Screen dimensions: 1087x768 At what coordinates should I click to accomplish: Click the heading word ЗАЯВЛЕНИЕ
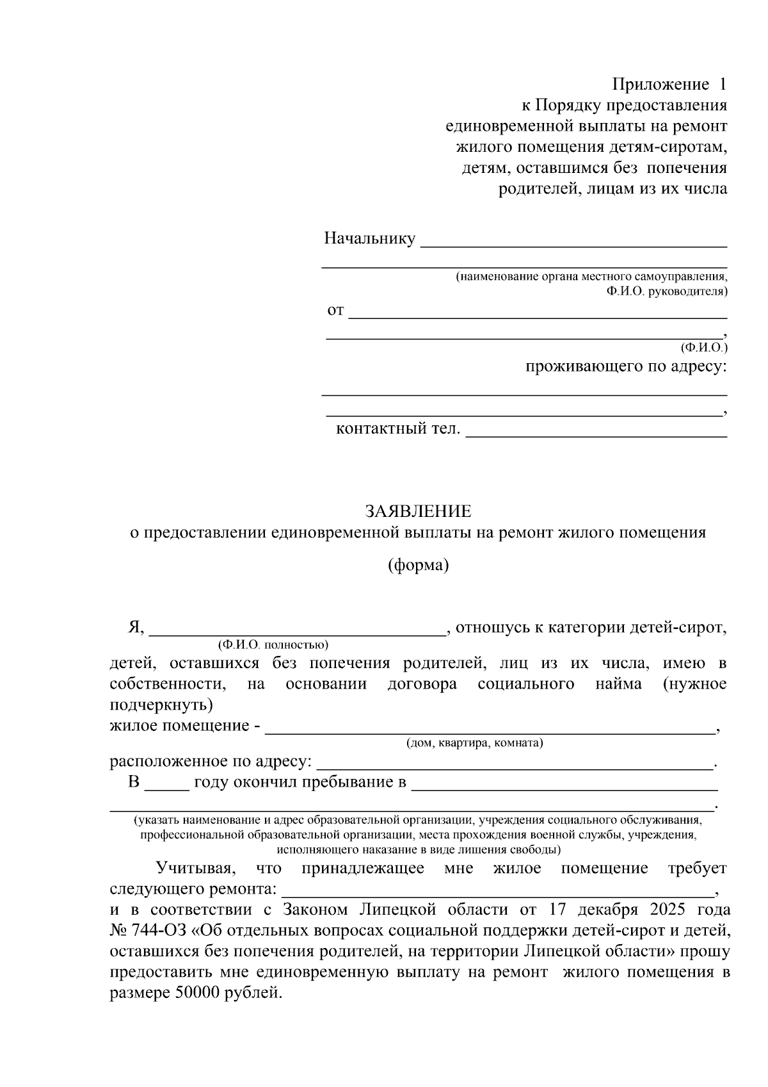pos(418,511)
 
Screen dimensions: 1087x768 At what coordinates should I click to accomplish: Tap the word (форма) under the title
pos(418,566)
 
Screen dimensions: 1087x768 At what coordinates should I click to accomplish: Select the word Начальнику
pos(370,239)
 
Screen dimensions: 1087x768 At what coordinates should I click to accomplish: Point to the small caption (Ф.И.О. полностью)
pos(273,644)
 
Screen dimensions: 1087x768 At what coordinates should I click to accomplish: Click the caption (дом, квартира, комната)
pos(474,743)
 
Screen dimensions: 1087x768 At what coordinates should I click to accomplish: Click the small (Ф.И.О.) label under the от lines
pos(704,348)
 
